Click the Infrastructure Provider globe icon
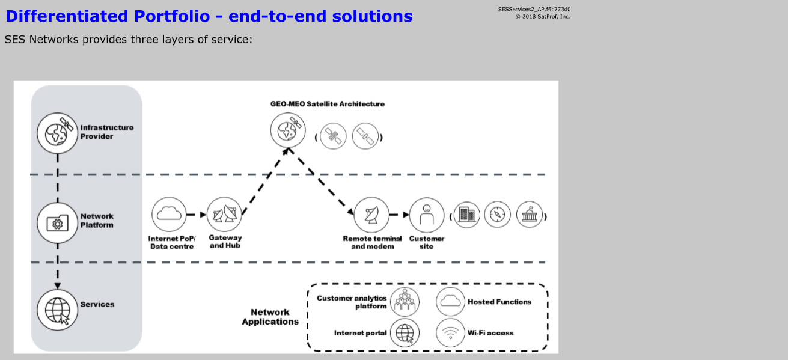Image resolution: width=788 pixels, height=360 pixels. pos(58,132)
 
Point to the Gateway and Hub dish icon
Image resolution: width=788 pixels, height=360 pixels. pos(225,214)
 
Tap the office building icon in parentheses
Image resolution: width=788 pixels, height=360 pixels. pos(466,215)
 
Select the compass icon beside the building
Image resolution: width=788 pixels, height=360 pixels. pos(497,215)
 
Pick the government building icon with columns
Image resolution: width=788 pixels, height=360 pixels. pos(529,215)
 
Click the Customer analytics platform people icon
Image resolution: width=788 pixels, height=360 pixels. pos(405,301)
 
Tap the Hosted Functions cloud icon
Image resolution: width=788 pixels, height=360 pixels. pos(450,301)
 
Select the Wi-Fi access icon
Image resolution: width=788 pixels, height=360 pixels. pos(450,332)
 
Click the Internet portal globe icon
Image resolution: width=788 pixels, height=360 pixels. pos(405,332)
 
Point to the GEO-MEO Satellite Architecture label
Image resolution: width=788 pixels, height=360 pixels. pos(328,104)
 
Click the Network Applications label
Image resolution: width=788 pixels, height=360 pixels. pos(270,317)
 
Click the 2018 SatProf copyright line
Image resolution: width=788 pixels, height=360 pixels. pos(542,16)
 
